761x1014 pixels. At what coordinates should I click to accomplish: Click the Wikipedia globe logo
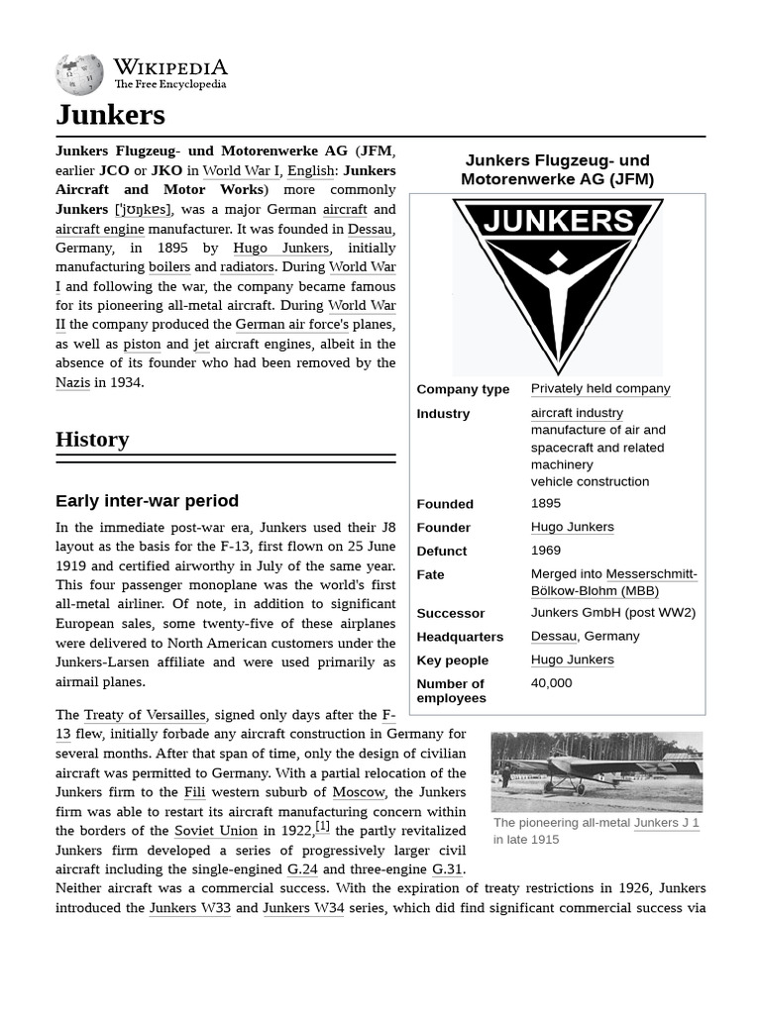click(x=79, y=74)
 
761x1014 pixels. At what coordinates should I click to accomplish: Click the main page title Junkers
click(x=110, y=115)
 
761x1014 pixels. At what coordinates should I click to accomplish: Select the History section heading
click(x=92, y=440)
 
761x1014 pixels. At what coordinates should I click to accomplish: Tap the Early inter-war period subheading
click(x=147, y=501)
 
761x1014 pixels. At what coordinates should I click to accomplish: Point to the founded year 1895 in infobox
click(x=545, y=504)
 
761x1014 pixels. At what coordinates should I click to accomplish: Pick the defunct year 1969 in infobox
click(x=545, y=551)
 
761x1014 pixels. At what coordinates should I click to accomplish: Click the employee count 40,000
click(x=551, y=683)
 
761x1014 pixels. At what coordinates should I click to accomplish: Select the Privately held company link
click(x=599, y=389)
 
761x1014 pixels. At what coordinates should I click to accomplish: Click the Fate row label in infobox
click(x=430, y=575)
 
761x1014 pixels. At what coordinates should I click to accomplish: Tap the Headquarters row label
click(x=460, y=637)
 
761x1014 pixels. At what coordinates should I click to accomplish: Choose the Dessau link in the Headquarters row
click(x=553, y=637)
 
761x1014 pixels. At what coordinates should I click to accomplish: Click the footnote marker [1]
click(x=322, y=827)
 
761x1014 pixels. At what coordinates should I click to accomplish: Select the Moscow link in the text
click(x=358, y=792)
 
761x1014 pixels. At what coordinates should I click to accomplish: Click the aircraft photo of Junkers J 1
click(x=597, y=771)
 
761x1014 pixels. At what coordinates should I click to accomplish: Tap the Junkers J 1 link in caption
click(x=666, y=823)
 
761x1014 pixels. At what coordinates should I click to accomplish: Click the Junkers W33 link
click(x=189, y=908)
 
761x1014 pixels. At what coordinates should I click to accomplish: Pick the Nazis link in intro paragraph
click(x=72, y=382)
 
